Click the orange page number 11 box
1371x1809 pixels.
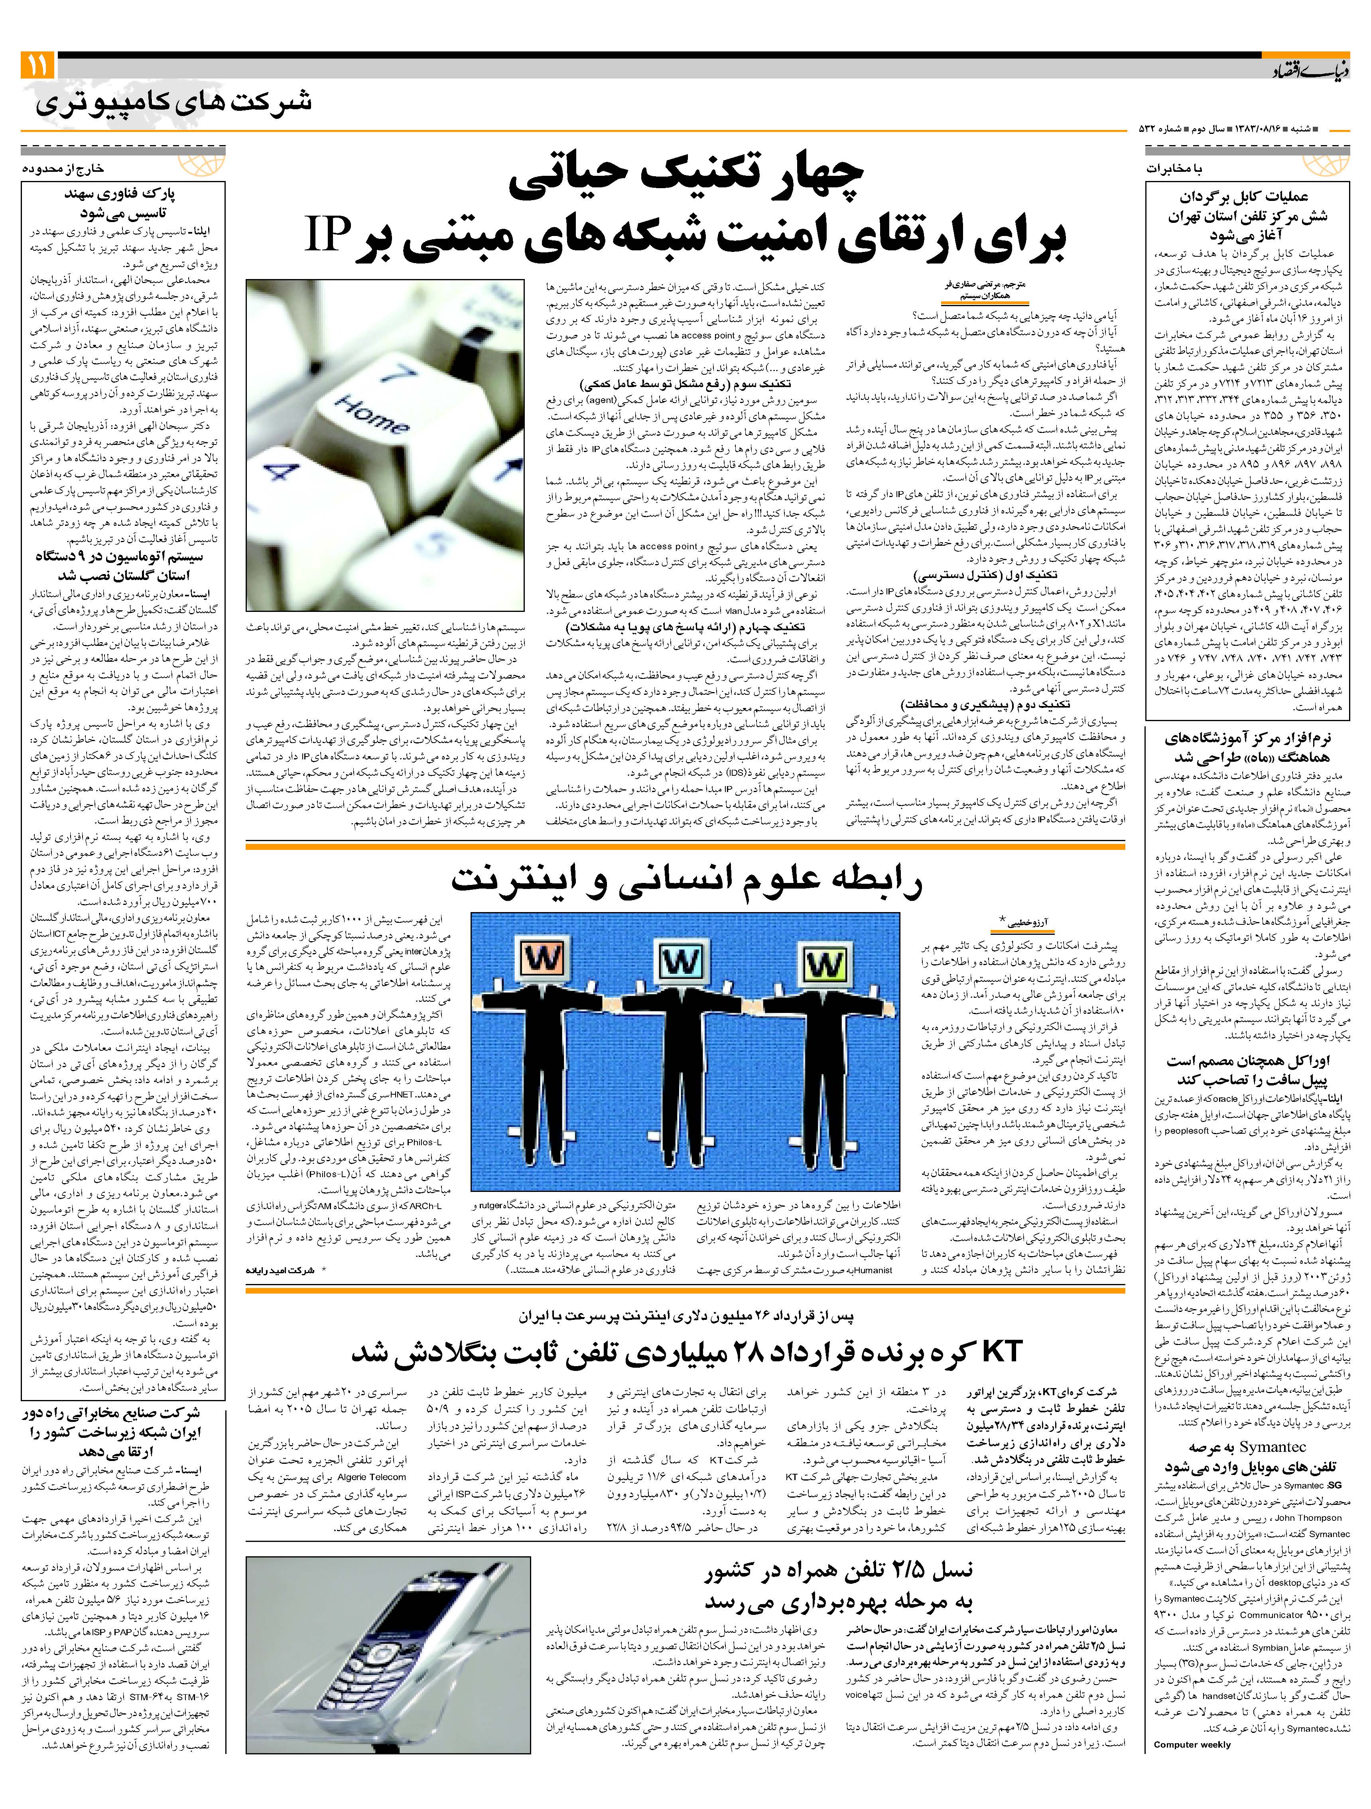coord(37,64)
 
